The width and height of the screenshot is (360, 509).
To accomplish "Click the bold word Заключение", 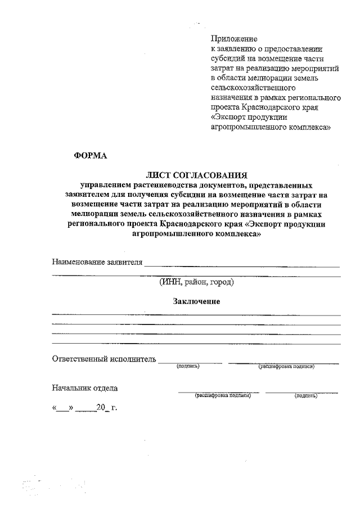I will (196, 301).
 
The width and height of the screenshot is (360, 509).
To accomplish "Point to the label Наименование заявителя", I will (97, 262).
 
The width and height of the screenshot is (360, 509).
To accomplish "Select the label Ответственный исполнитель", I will (103, 359).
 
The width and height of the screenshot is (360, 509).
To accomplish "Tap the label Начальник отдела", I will (85, 388).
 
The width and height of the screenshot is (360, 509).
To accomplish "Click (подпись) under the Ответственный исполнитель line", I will (188, 367).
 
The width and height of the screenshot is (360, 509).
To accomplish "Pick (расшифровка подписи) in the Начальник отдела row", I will (222, 396).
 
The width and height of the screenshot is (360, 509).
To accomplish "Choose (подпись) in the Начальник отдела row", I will (305, 396).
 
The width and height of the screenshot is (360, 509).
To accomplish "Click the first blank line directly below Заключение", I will (196, 313).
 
